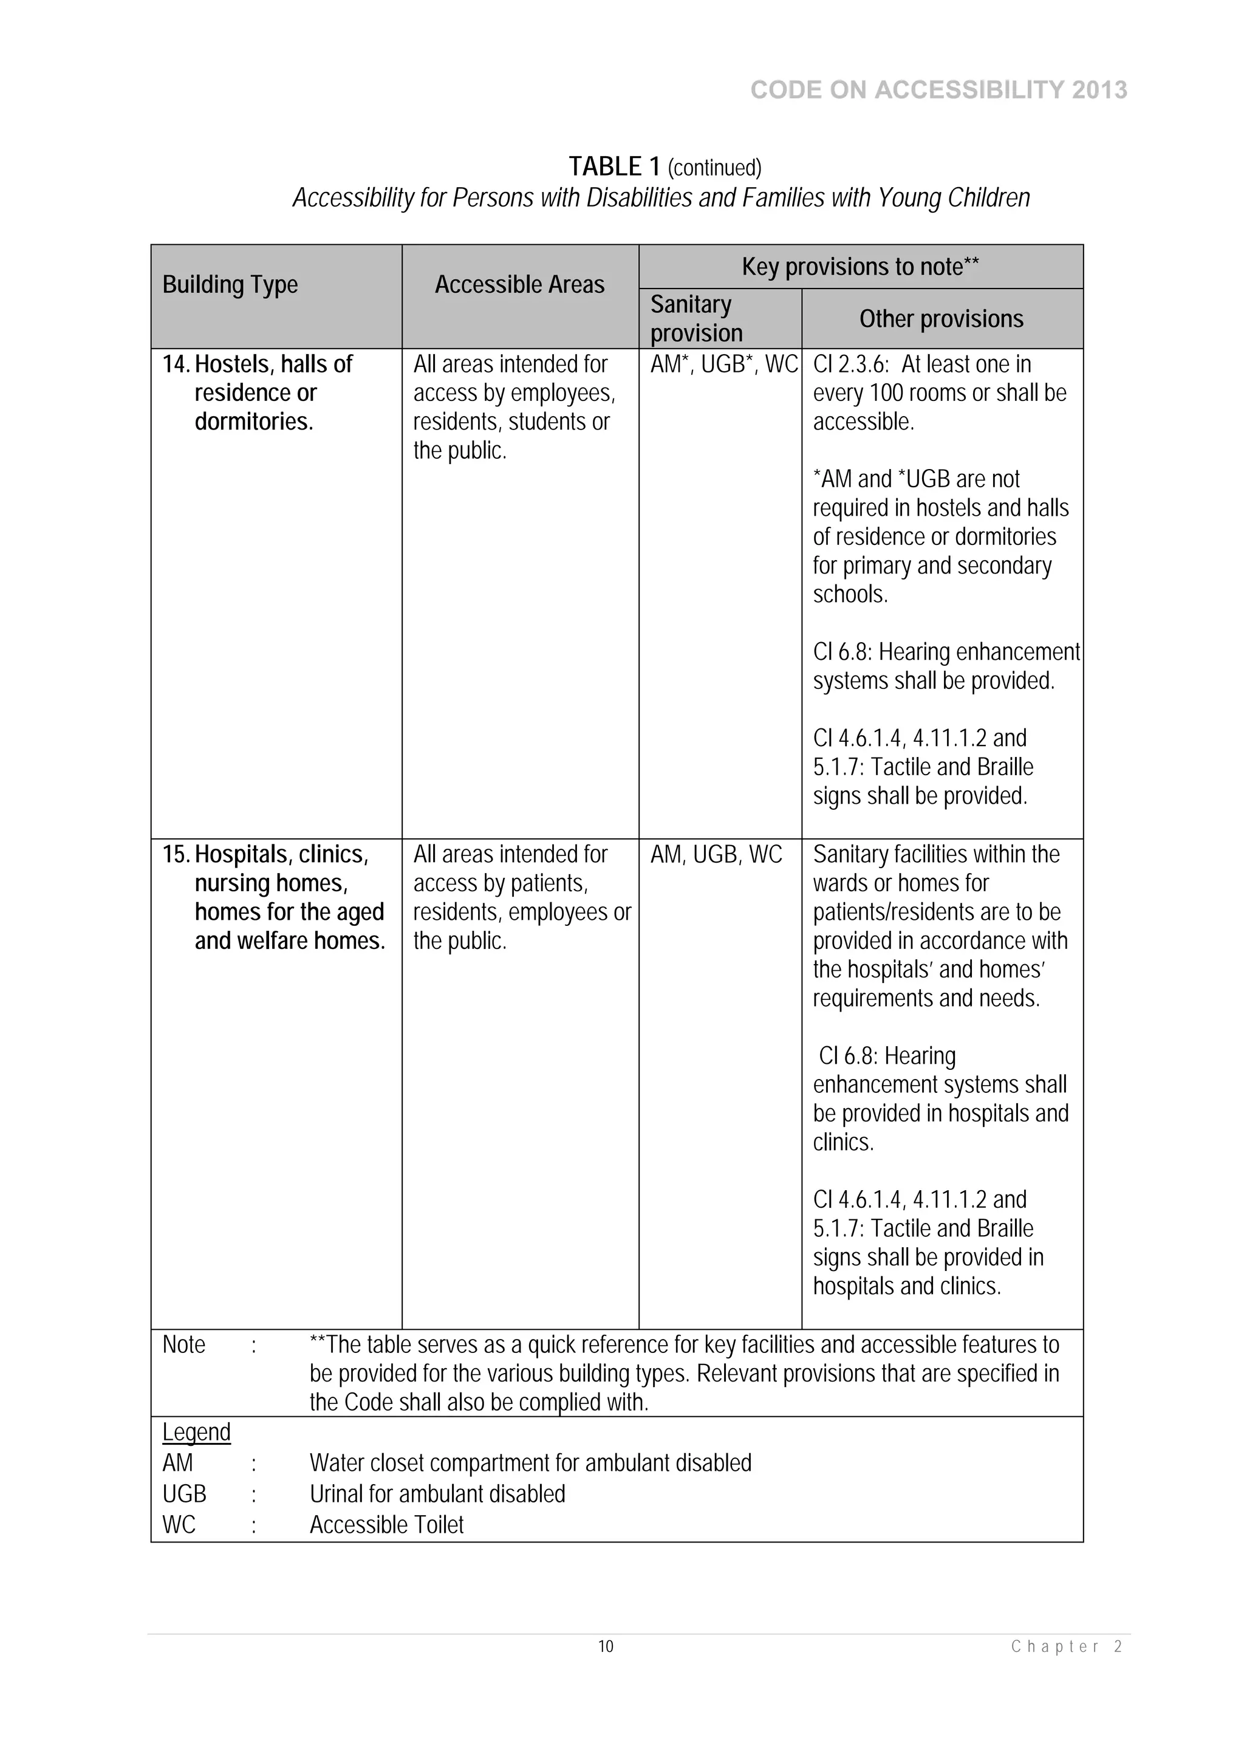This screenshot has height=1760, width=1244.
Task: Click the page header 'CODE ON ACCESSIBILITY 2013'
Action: [x=938, y=91]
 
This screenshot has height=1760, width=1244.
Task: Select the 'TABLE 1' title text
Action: [x=614, y=166]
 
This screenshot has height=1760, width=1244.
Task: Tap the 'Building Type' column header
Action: [x=230, y=284]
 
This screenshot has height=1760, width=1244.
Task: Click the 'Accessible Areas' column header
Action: [x=520, y=284]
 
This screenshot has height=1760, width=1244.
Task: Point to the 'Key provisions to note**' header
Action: [x=860, y=267]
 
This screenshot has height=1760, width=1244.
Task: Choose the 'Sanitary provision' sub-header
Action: [x=696, y=319]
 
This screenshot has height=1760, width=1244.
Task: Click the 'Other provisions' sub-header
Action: [x=942, y=319]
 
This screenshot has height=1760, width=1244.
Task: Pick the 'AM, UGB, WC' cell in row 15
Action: [x=716, y=854]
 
